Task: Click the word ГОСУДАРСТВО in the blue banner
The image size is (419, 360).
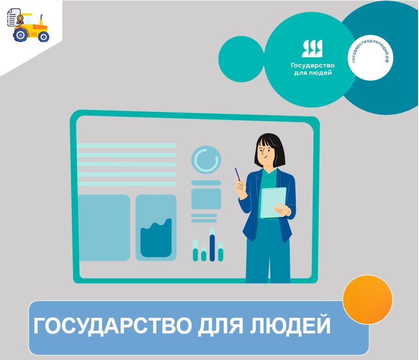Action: tap(112, 326)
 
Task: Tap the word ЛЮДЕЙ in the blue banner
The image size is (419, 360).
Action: tap(290, 325)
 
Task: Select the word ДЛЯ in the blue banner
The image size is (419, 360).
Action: tap(221, 326)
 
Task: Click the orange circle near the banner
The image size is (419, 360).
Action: tap(367, 300)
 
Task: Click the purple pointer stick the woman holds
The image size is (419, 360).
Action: tap(237, 174)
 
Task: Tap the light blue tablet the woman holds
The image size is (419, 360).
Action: tap(273, 203)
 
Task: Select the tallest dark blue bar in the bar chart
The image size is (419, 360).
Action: tap(212, 248)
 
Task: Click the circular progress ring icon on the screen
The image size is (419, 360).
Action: tap(206, 160)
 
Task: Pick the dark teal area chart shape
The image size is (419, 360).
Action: tap(156, 238)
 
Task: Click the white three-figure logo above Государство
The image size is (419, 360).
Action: tap(312, 49)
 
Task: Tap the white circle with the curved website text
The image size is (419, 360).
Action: tap(370, 58)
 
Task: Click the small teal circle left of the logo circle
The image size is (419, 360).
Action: tap(241, 59)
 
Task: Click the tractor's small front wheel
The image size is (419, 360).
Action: tap(43, 37)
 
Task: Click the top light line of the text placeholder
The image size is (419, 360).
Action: tap(127, 146)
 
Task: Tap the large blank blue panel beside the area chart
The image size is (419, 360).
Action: tap(104, 228)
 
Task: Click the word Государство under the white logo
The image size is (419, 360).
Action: tap(313, 66)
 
